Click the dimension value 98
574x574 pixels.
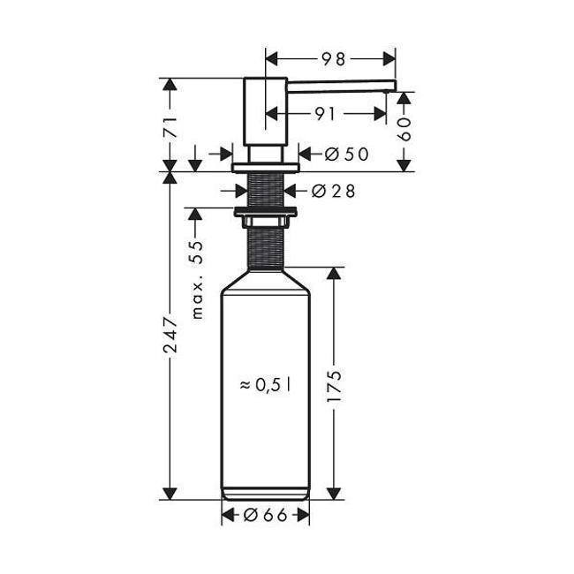(x=334, y=59)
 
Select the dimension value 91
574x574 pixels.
(x=325, y=114)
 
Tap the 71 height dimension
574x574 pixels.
(x=170, y=127)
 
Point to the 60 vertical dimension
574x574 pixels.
(x=404, y=130)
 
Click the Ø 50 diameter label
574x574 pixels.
(x=346, y=155)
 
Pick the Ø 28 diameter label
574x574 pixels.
(x=333, y=191)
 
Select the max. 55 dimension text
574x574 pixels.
(x=197, y=279)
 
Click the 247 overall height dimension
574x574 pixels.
(x=170, y=335)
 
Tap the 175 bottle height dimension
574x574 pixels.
(x=334, y=386)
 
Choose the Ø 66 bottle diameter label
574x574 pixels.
(x=266, y=516)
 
